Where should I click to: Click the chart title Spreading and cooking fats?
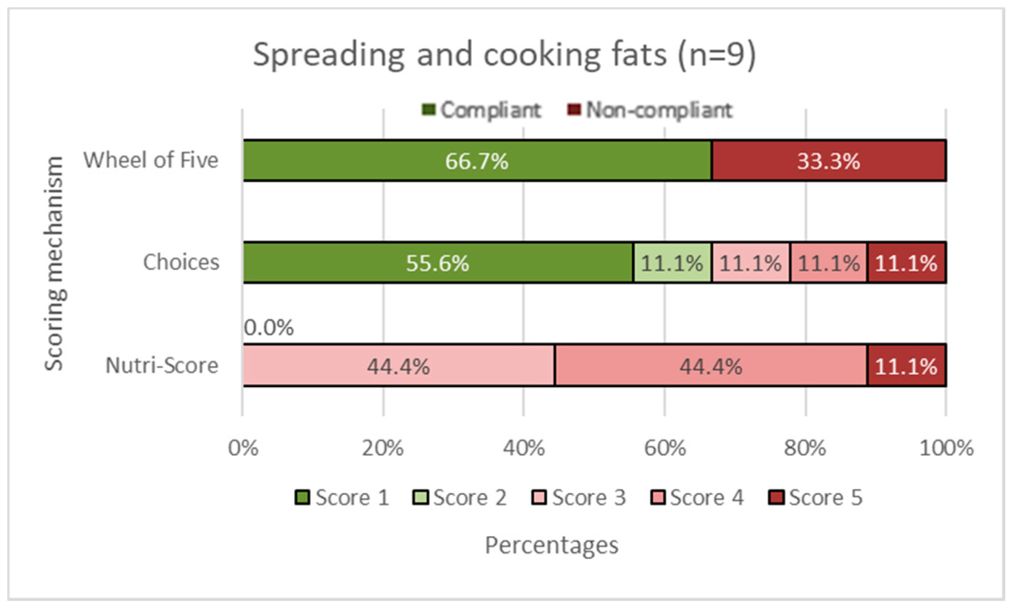504,55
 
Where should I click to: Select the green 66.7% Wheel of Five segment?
477,161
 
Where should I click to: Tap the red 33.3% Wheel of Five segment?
828,161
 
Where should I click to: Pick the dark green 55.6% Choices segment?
438,263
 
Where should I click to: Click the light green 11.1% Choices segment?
672,263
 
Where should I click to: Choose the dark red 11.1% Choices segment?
906,263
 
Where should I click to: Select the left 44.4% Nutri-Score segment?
398,366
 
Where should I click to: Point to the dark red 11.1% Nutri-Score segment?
906,366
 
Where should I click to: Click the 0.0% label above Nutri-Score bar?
269,328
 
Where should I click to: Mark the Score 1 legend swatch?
302,497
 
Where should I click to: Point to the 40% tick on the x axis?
523,448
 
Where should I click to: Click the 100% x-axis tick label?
946,448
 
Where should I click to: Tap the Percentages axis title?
551,545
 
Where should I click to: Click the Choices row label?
181,262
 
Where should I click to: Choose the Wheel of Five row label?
151,160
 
